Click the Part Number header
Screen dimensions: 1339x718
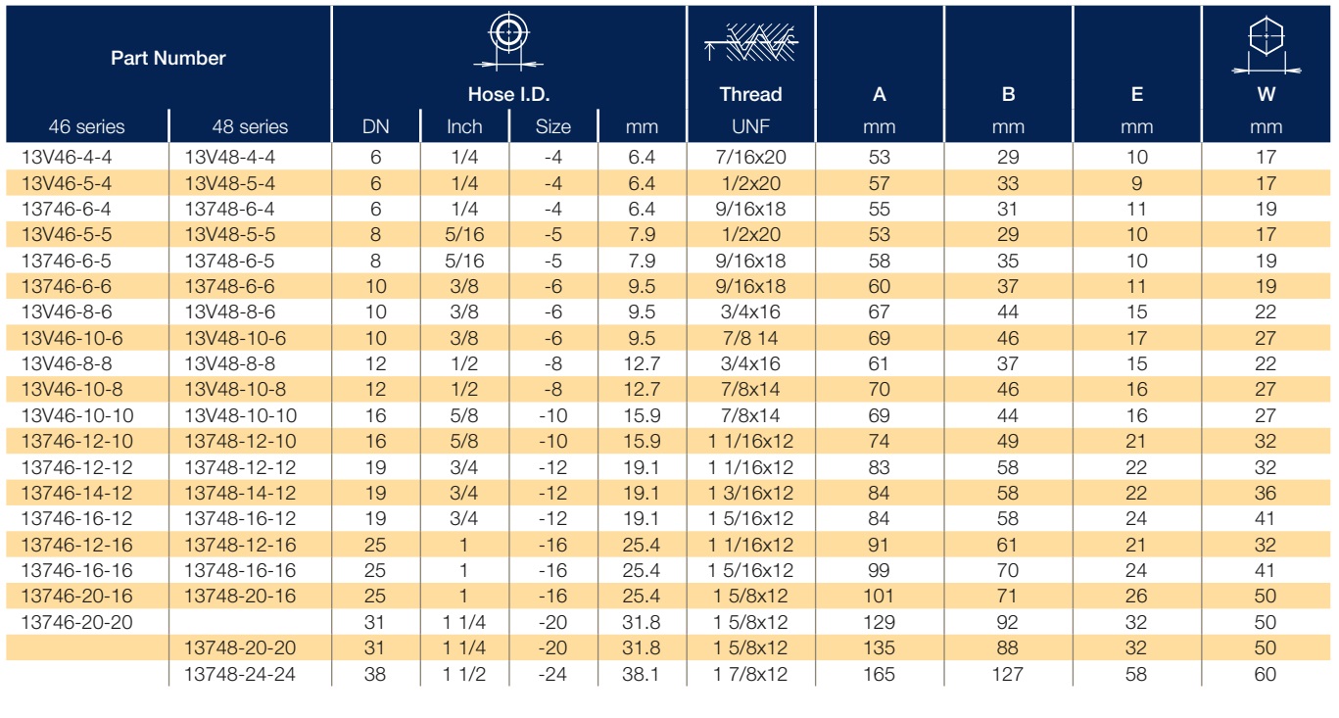pyautogui.click(x=167, y=58)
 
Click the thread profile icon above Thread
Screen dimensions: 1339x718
pyautogui.click(x=750, y=42)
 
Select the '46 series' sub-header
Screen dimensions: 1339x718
pyautogui.click(x=86, y=126)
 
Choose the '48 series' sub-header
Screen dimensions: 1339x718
pyautogui.click(x=250, y=126)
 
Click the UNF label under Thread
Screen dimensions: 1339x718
pyautogui.click(x=750, y=126)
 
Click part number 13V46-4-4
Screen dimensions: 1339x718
pyautogui.click(x=67, y=158)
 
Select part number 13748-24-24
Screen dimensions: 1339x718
pyautogui.click(x=240, y=674)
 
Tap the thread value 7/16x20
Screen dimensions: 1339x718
pyautogui.click(x=750, y=158)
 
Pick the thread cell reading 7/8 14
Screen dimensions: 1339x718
pyautogui.click(x=750, y=338)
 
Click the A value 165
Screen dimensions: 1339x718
pyautogui.click(x=879, y=674)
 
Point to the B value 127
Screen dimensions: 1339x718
pyautogui.click(x=1007, y=674)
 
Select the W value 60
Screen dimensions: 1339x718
pyautogui.click(x=1265, y=674)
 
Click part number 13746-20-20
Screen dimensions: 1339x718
pyautogui.click(x=77, y=622)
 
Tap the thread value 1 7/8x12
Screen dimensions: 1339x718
pyautogui.click(x=750, y=674)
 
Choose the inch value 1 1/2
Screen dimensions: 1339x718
pyautogui.click(x=464, y=674)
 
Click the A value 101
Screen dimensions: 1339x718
pyautogui.click(x=879, y=596)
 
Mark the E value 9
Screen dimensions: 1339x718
pyautogui.click(x=1136, y=183)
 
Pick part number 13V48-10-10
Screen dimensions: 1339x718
pyautogui.click(x=240, y=415)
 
